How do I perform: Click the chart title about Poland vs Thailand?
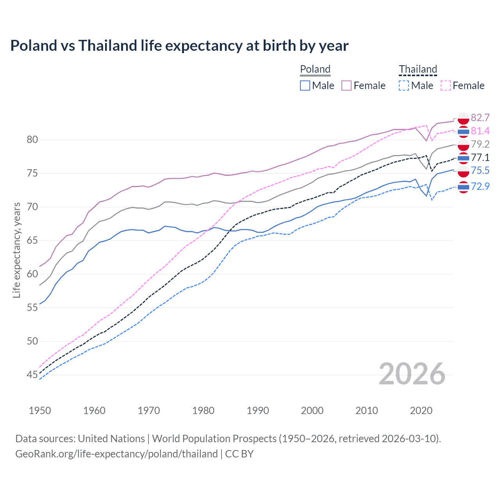179,46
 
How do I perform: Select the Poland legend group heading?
315,69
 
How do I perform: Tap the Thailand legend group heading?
418,69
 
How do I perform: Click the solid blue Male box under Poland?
305,86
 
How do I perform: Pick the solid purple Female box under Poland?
346,86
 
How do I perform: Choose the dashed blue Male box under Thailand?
404,86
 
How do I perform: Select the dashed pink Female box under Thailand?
446,86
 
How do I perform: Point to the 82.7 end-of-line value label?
480,118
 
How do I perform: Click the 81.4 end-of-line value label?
480,131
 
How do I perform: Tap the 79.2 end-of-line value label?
480,144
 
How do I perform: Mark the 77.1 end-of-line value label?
480,157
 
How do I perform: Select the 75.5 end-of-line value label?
480,170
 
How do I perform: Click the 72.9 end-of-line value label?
480,186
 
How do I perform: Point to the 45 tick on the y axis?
32,375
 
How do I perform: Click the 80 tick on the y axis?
32,140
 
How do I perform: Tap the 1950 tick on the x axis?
40,411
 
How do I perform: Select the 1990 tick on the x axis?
258,411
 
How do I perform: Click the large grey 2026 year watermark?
412,374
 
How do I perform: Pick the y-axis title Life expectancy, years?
16,250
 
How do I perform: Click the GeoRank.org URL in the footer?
116,454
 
